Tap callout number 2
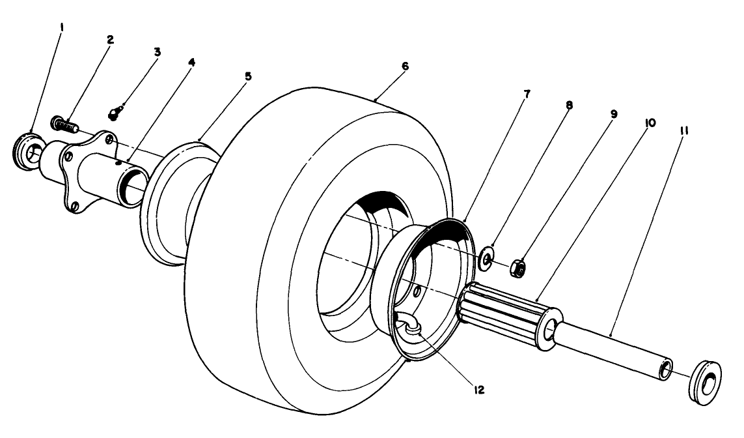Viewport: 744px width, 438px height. [x=110, y=40]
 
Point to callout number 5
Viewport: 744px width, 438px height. [x=247, y=76]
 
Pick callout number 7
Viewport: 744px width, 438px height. [x=527, y=95]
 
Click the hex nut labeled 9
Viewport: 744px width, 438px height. [x=518, y=267]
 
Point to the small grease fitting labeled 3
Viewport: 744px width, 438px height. [x=115, y=115]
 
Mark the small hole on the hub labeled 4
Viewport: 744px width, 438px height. [x=118, y=164]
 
